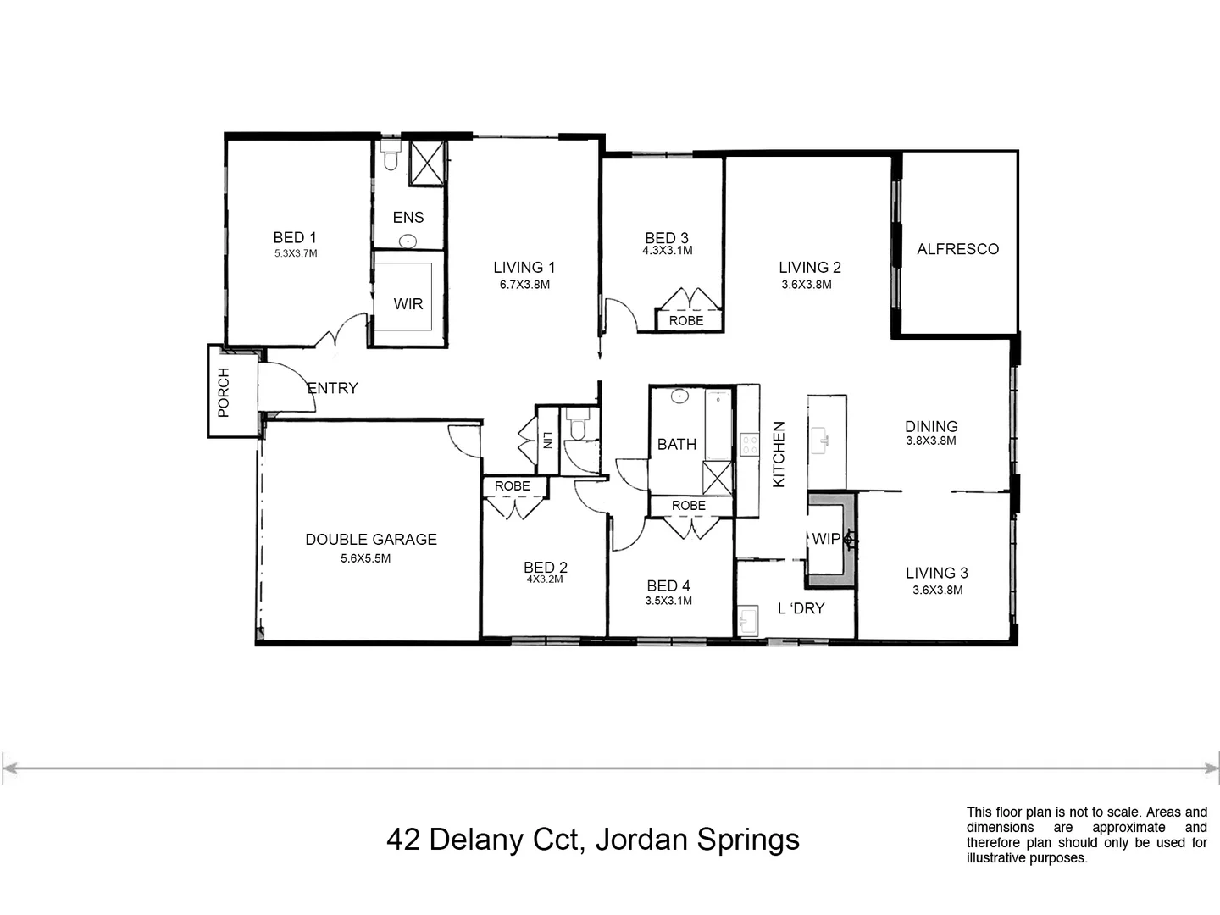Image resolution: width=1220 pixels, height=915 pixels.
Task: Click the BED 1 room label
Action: (x=294, y=237)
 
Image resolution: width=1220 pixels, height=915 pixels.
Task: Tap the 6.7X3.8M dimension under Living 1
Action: (x=524, y=285)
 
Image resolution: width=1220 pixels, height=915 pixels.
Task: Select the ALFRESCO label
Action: (x=957, y=249)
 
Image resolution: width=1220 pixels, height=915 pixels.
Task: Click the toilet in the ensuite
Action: (x=391, y=156)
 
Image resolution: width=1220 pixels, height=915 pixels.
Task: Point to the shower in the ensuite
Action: (x=427, y=163)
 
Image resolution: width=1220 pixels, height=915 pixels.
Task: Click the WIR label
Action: (x=408, y=303)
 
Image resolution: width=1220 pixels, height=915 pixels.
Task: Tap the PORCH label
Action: (x=224, y=392)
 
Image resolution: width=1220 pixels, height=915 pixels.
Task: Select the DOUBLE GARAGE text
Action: (x=371, y=539)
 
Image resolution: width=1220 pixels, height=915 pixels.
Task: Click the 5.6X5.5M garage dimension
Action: (x=365, y=558)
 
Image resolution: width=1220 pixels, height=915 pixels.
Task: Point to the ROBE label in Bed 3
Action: (x=686, y=321)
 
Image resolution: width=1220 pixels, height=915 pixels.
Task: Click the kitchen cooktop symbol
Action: (x=749, y=445)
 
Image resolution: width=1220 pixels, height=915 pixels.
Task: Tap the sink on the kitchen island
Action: (x=823, y=440)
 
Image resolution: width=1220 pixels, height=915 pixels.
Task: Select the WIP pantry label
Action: (x=826, y=539)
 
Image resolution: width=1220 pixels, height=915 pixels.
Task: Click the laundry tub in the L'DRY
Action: (x=747, y=620)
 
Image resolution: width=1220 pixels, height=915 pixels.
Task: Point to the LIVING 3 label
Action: (x=936, y=573)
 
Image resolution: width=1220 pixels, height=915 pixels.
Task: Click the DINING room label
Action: (x=931, y=426)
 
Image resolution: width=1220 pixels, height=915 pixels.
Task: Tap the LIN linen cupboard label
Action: (x=548, y=441)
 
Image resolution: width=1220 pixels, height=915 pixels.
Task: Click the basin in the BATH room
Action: (x=678, y=396)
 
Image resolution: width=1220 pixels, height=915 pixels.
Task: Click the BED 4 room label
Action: (x=668, y=585)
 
